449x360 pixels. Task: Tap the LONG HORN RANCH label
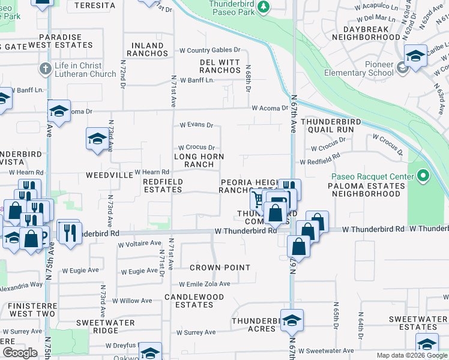pyautogui.click(x=199, y=160)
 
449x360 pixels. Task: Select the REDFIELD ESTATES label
pyautogui.click(x=162, y=185)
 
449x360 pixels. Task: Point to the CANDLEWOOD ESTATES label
pyautogui.click(x=194, y=301)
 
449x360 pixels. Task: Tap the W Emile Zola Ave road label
pyautogui.click(x=204, y=284)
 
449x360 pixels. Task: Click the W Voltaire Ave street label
pyautogui.click(x=139, y=243)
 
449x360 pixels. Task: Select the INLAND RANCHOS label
pyautogui.click(x=147, y=49)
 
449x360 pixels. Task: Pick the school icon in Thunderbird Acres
pyautogui.click(x=292, y=321)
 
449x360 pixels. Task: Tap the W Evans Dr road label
pyautogui.click(x=196, y=125)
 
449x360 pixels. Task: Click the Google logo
pyautogui.click(x=20, y=353)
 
